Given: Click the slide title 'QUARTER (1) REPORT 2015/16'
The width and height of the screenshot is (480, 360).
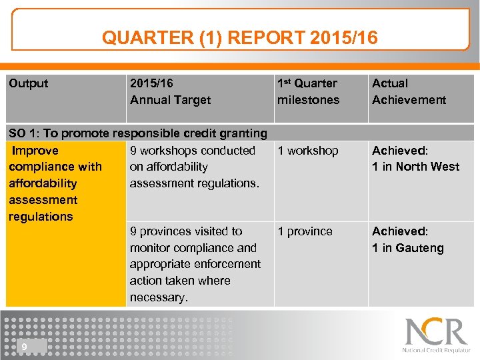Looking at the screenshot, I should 239,37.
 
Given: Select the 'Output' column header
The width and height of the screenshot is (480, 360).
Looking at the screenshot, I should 29,83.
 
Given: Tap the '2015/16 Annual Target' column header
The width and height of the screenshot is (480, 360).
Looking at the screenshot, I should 170,92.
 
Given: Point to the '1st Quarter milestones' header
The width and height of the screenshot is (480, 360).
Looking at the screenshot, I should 308,92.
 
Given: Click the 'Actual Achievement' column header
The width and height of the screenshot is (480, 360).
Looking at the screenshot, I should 409,92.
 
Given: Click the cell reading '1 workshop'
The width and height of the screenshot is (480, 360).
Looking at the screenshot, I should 308,151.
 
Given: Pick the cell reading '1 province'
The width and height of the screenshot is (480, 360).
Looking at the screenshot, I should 305,231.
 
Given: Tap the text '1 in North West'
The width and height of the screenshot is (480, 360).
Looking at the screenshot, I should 415,167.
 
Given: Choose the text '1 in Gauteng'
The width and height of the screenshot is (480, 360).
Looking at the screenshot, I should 407,248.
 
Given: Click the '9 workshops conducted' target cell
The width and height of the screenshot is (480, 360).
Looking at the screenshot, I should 193,167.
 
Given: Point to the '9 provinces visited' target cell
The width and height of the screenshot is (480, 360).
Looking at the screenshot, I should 195,264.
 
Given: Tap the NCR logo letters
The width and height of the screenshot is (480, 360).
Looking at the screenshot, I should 436,331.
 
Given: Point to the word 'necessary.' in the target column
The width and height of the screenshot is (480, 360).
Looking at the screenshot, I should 159,297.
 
